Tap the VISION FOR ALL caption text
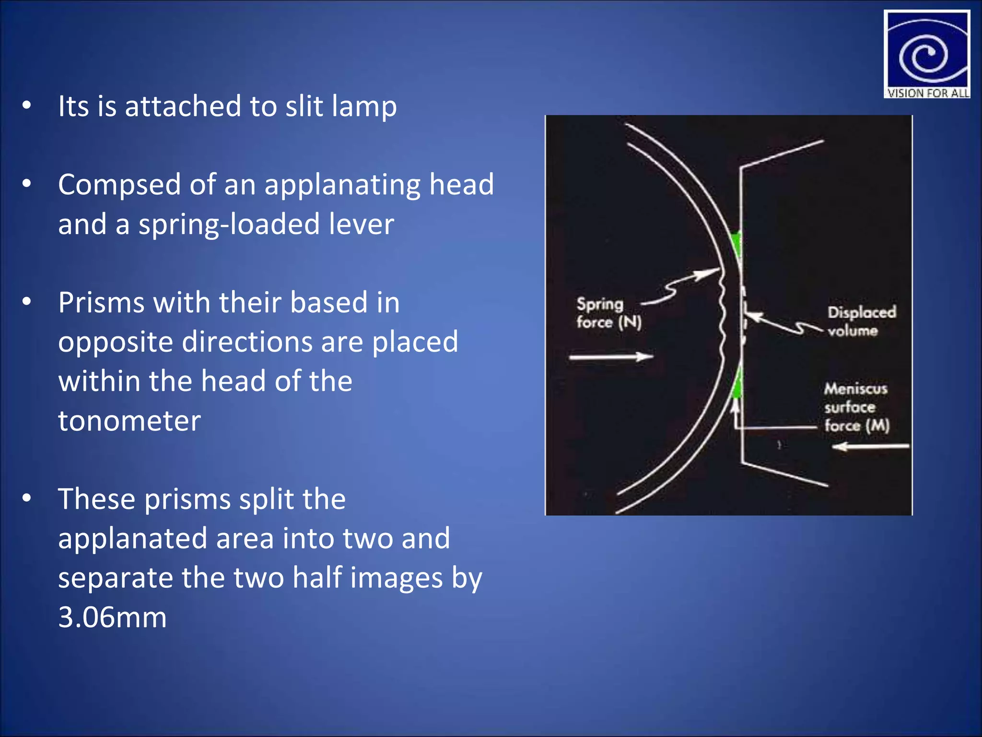point(927,93)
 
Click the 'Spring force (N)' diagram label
point(608,313)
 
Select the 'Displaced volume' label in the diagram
point(861,321)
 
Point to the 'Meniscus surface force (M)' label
point(856,407)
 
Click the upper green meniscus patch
point(736,244)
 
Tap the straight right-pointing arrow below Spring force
point(611,357)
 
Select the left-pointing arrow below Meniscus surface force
point(870,447)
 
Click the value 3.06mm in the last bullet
point(112,617)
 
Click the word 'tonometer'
point(129,421)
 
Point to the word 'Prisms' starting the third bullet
point(101,303)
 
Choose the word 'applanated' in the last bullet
point(132,538)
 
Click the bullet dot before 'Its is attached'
point(27,105)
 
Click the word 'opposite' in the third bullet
point(115,342)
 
